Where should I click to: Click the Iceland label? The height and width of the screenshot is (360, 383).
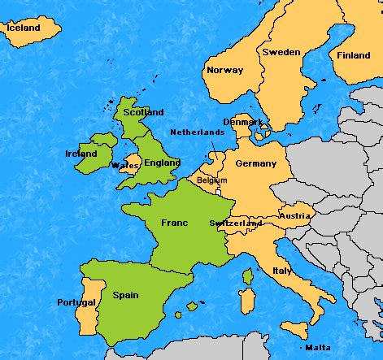click(x=23, y=28)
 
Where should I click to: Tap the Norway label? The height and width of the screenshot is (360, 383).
click(x=224, y=70)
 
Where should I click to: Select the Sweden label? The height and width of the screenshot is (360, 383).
click(x=281, y=52)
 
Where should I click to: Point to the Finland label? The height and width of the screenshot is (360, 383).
click(x=354, y=56)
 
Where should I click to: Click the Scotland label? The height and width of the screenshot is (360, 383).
click(x=143, y=112)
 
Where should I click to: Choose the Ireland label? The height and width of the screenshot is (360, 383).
click(x=81, y=154)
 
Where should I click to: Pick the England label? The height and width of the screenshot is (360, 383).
click(x=163, y=163)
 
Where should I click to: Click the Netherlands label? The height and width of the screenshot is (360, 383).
click(x=198, y=132)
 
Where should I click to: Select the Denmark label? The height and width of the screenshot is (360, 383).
click(x=244, y=122)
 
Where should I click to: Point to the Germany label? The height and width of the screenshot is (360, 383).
click(x=256, y=163)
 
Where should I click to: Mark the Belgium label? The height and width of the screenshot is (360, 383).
click(x=212, y=180)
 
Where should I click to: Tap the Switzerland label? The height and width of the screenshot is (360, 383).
click(x=235, y=223)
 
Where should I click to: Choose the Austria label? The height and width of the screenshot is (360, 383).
click(x=294, y=216)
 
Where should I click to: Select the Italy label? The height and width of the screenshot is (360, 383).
click(x=282, y=271)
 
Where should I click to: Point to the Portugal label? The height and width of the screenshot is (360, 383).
click(x=76, y=302)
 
